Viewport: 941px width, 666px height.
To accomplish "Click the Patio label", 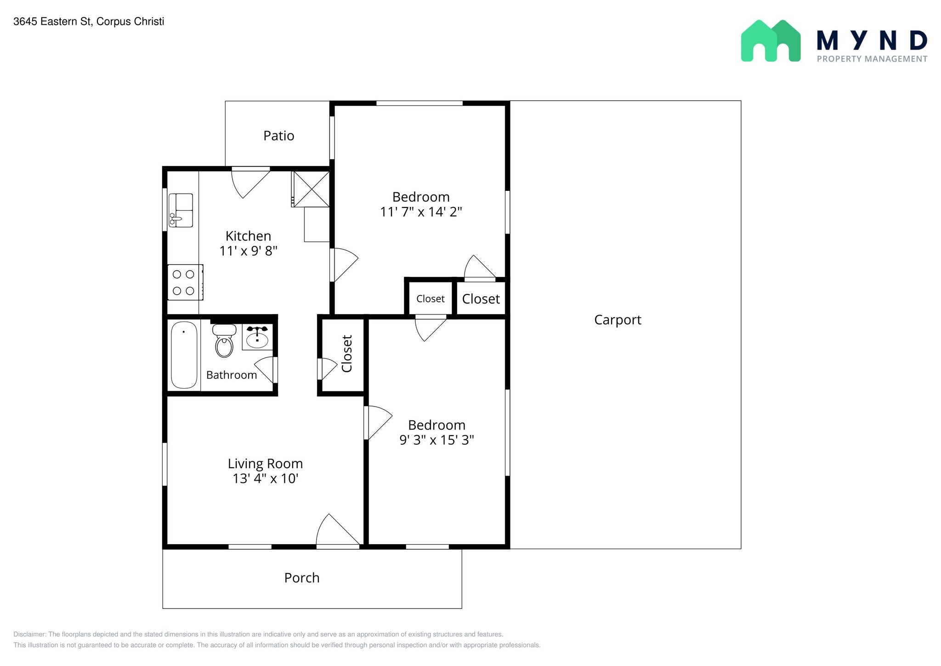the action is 278,136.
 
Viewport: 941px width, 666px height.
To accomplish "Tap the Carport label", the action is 618,320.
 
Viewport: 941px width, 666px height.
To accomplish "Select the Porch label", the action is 302,578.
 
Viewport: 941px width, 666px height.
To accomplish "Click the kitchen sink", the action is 181,210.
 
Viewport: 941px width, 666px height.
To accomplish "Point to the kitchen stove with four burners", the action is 185,282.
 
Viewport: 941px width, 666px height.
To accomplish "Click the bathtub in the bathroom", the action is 184,355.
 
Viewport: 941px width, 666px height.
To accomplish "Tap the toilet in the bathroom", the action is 224,341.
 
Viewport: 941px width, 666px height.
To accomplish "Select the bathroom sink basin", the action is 257,339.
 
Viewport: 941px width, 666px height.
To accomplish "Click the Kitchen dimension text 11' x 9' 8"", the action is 249,251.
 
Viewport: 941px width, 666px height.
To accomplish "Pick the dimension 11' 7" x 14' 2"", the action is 421,212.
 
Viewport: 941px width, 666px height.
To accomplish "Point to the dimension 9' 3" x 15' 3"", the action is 436,440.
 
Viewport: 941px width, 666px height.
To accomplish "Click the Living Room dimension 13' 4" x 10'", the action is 266,479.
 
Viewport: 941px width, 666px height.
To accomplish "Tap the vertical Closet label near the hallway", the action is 347,354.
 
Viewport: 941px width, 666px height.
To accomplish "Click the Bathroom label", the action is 232,375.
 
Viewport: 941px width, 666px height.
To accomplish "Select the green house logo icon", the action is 771,40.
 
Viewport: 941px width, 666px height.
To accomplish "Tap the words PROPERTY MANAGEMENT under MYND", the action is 872,59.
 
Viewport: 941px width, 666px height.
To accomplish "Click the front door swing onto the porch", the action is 338,530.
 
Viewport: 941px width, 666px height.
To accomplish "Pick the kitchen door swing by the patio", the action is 250,183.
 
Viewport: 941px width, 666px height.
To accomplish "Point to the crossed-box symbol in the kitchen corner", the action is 312,189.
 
